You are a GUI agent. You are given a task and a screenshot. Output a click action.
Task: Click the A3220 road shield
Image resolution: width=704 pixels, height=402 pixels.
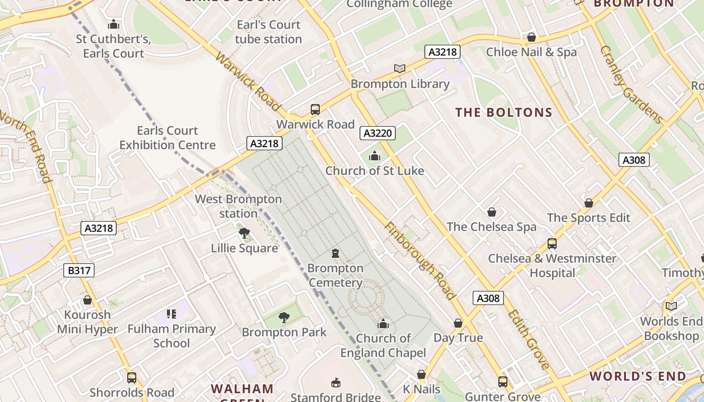[x=378, y=133]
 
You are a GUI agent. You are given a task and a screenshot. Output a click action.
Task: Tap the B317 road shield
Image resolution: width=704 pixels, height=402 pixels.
[x=79, y=270]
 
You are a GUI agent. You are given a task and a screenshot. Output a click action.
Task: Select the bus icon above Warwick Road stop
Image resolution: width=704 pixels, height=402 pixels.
[x=315, y=109]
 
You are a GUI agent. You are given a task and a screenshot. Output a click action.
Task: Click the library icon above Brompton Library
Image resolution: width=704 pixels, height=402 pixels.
[x=400, y=68]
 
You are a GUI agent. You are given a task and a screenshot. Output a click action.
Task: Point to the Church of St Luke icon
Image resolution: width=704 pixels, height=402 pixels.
[x=374, y=156]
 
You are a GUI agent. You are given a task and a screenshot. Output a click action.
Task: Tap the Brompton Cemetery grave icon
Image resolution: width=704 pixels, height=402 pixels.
[x=335, y=253]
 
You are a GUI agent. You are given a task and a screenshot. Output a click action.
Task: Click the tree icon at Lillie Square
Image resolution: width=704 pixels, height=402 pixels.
[x=244, y=233]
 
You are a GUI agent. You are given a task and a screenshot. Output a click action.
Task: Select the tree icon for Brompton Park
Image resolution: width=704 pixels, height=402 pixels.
[x=284, y=317]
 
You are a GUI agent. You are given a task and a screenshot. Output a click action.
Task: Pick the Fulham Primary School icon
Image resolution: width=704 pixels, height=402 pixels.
[x=171, y=314]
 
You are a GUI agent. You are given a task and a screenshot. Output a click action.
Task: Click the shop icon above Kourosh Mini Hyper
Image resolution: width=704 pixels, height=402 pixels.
[x=87, y=300]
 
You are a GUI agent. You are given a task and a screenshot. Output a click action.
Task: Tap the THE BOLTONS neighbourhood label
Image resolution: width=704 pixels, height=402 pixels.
[x=504, y=113]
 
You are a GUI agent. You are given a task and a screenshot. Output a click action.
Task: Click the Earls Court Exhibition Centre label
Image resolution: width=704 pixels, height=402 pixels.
[x=167, y=138]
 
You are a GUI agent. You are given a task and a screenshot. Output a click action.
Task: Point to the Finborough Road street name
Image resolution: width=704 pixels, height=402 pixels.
[x=420, y=261]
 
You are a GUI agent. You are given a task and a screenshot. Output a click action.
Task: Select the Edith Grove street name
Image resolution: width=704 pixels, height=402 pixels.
[x=528, y=339]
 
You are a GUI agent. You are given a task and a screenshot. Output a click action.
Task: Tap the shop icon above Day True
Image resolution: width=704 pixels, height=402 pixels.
[x=458, y=323]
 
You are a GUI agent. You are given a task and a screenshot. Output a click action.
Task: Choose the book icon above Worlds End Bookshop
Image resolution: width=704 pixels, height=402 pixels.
[x=671, y=306]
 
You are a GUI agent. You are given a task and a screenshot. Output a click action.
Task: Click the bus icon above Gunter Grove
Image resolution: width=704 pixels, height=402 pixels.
[x=502, y=382]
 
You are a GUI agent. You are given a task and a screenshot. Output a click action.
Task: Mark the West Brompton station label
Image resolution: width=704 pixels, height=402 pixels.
[x=238, y=206]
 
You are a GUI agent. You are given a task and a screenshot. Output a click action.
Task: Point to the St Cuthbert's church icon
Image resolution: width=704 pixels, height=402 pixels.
[x=114, y=24]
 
